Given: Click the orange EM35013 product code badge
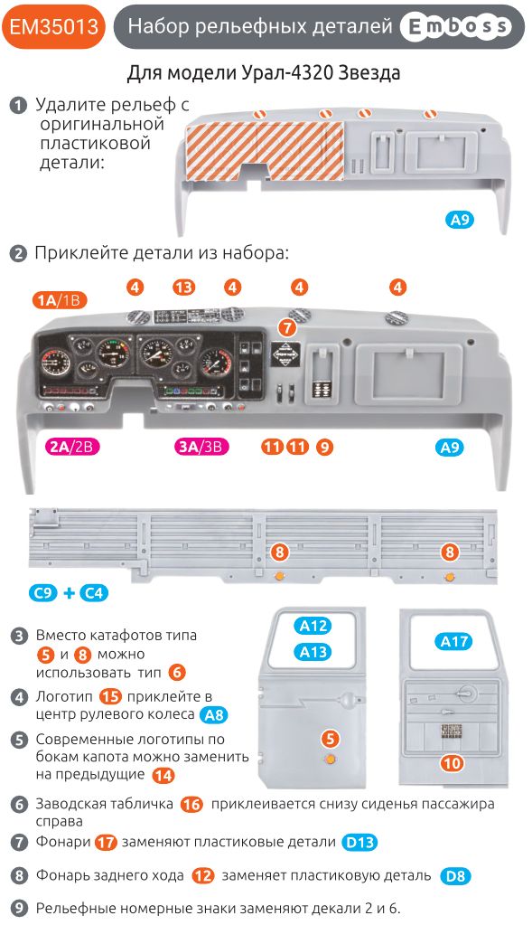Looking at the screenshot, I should [x=53, y=27].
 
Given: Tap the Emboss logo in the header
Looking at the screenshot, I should [x=454, y=28].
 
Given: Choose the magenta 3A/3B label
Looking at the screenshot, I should [x=202, y=447].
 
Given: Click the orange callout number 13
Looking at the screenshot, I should [x=184, y=288].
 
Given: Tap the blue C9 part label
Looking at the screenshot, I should [x=42, y=593].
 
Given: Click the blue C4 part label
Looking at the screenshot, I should [x=94, y=593].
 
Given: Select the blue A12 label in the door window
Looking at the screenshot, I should [x=314, y=626].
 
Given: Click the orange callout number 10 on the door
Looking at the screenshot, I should [x=452, y=763].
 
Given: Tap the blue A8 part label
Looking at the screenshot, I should [x=213, y=715].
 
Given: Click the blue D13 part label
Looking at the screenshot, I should [x=359, y=842].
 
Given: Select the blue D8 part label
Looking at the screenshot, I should [x=455, y=876].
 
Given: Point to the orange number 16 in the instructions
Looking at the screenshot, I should [x=191, y=804].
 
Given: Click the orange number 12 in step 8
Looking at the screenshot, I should [x=203, y=875].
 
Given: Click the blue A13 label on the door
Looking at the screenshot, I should [x=314, y=652].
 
